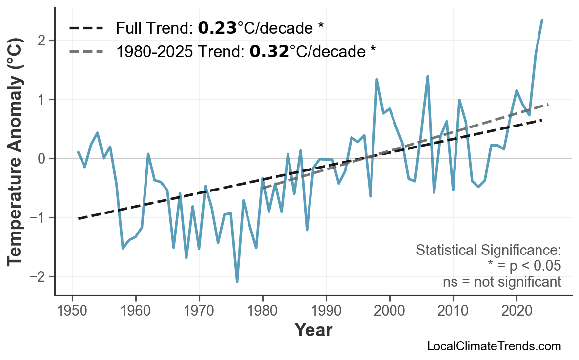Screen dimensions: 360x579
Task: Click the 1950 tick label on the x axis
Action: [72, 311]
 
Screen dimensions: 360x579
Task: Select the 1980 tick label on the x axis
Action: [263, 311]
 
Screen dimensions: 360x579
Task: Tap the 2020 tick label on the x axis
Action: [517, 311]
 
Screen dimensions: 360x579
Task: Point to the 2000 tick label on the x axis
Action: [390, 311]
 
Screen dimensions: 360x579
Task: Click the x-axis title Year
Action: [313, 331]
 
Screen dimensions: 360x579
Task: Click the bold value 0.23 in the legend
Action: [217, 28]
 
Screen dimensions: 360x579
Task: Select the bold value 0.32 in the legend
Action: [269, 51]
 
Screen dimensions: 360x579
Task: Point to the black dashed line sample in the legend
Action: [86, 28]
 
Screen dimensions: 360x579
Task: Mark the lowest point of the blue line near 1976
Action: [237, 282]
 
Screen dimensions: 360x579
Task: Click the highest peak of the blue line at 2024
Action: [542, 20]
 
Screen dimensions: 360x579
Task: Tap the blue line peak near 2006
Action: [428, 76]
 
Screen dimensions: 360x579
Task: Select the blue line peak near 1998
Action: [377, 79]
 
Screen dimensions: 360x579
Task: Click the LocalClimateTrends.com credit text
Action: [494, 346]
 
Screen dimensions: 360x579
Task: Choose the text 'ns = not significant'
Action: [501, 282]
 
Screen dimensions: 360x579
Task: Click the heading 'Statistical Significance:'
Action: [488, 251]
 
